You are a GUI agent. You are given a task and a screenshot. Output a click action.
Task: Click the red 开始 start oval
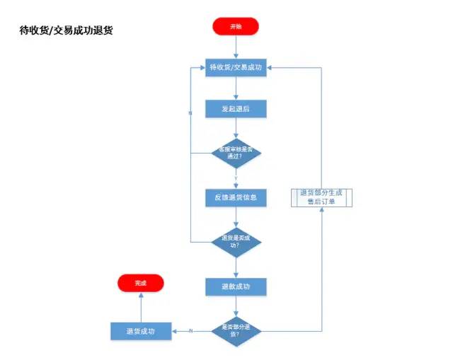(x=236, y=26)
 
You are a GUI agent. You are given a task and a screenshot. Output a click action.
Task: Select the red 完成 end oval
(x=140, y=283)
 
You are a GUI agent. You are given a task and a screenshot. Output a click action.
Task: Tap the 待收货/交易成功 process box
(x=236, y=68)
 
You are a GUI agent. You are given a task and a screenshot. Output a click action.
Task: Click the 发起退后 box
(x=236, y=109)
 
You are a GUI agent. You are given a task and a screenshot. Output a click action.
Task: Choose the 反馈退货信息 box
(x=236, y=197)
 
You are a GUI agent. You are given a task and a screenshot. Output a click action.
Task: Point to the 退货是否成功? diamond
(x=236, y=241)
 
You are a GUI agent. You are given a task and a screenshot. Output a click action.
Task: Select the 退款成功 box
(x=236, y=286)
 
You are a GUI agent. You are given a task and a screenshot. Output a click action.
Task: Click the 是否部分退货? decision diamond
(x=236, y=330)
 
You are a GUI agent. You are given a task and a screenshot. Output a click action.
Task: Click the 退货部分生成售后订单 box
(x=322, y=197)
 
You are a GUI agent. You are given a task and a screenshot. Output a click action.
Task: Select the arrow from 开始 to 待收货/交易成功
(x=236, y=47)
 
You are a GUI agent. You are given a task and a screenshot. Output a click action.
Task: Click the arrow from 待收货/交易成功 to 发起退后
(x=236, y=88)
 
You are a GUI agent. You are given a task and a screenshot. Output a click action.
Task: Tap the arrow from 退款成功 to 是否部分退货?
(x=236, y=304)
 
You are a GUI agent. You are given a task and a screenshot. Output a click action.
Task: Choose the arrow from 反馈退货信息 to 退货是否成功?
(x=236, y=216)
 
